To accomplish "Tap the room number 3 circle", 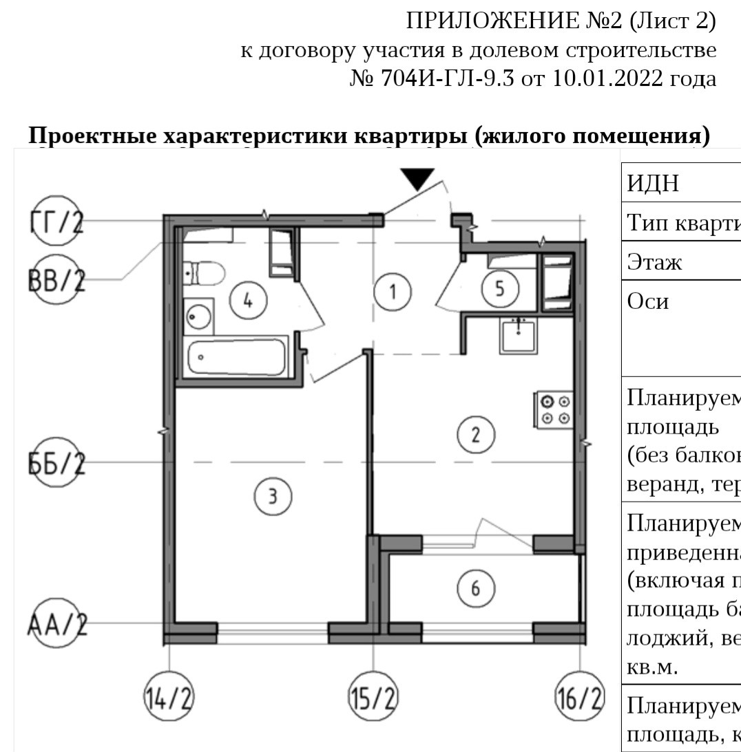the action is pyautogui.click(x=273, y=495).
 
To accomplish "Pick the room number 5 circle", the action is pyautogui.click(x=500, y=289).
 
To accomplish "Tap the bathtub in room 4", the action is pyautogui.click(x=237, y=356).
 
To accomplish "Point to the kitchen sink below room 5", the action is pyautogui.click(x=519, y=336).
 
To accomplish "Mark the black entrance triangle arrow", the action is pyautogui.click(x=418, y=179).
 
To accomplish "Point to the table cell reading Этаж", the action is pyautogui.click(x=654, y=261).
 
